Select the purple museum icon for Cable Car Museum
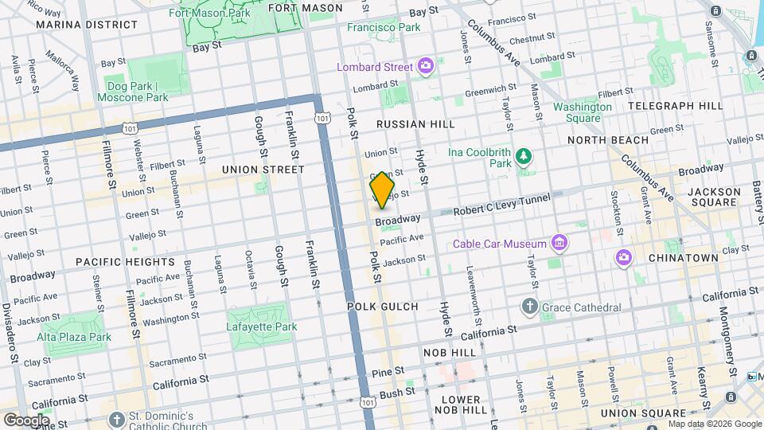pyautogui.click(x=559, y=243)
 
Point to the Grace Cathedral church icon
pyautogui.click(x=529, y=307)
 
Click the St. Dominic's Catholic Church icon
pyautogui.click(x=117, y=419)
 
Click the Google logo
pyautogui.click(x=26, y=420)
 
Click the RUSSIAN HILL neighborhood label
pyautogui.click(x=415, y=124)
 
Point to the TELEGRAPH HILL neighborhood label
pyautogui.click(x=675, y=105)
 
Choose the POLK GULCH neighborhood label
pyautogui.click(x=376, y=306)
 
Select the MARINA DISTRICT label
pyautogui.click(x=77, y=25)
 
